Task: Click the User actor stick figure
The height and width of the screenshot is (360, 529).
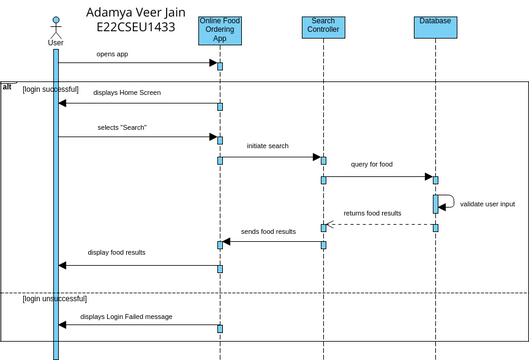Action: [x=56, y=27]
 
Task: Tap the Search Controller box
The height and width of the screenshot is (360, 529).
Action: [x=323, y=27]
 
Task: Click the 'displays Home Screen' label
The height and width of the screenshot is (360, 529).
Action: [x=127, y=92]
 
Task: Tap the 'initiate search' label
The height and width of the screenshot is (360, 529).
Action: [x=268, y=146]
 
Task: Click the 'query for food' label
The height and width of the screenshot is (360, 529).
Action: [x=372, y=164]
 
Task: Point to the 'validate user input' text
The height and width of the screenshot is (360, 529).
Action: [x=488, y=204]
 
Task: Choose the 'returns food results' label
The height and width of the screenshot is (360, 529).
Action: [x=372, y=213]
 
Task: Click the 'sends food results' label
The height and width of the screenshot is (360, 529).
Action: [x=268, y=231]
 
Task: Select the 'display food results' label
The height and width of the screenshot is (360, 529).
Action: [x=117, y=252]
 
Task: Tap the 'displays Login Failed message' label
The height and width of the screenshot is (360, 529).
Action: [x=127, y=316]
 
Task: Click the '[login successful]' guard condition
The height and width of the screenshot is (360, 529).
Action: [x=50, y=89]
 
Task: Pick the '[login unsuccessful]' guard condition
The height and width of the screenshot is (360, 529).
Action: [x=55, y=298]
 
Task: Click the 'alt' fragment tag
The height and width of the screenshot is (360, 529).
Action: [x=8, y=86]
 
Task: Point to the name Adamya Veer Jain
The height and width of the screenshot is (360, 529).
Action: [x=131, y=12]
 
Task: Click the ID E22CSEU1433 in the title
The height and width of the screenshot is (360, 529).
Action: [x=131, y=27]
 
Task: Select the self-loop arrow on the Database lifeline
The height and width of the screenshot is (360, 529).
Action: [x=449, y=200]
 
